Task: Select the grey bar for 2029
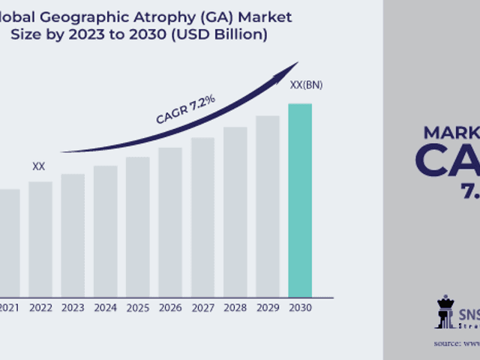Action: point(268,205)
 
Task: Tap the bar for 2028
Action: point(235,211)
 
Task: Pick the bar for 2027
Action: point(202,217)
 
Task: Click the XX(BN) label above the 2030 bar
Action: point(306,85)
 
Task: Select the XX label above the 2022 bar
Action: point(38,166)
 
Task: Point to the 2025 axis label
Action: point(138,307)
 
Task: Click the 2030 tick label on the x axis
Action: point(300,307)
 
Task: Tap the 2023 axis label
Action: point(73,307)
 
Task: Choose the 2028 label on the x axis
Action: point(235,307)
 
